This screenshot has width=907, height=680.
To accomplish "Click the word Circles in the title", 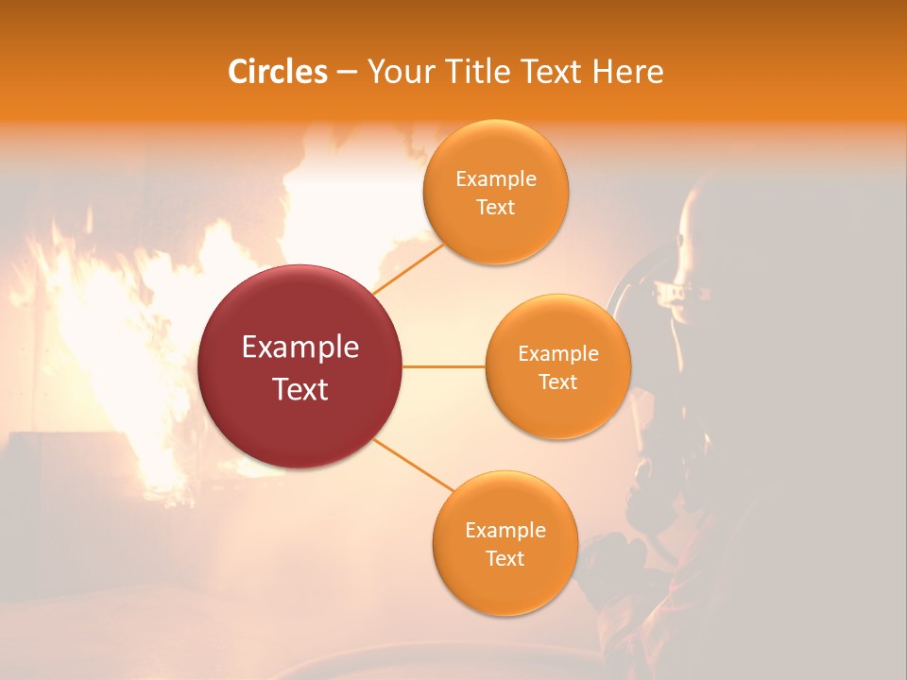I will [278, 72].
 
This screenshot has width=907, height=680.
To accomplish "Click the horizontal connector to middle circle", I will [443, 365].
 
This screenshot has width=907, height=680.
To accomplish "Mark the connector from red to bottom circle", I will [414, 465].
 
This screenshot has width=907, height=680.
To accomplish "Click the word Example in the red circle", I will [300, 348].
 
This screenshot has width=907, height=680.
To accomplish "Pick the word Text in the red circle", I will [300, 388].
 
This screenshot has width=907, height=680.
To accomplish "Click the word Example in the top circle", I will [496, 179].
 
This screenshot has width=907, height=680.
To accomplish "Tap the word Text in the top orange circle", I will [496, 207].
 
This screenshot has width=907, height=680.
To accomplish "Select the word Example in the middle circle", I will [558, 354].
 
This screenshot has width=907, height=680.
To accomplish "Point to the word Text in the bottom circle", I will [505, 558].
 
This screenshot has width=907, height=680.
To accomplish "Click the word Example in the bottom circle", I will [505, 530].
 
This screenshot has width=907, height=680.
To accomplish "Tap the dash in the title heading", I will [346, 73].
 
